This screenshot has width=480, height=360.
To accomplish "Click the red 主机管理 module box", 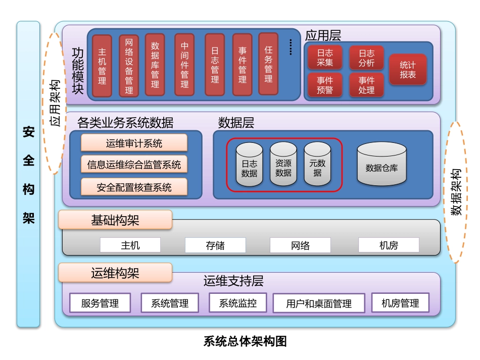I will coord(103,66).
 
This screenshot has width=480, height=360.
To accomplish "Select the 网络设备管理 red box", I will coord(129,66).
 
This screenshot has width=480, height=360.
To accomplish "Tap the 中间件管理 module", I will coord(184,65).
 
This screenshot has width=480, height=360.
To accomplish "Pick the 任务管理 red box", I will coord(268,64).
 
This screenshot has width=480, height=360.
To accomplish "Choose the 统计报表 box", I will coord(408,70).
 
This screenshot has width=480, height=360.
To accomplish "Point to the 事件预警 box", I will coord(325,85).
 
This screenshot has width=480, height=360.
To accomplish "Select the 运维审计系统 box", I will coord(134,143).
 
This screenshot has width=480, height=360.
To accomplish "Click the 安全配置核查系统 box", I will coord(134,187).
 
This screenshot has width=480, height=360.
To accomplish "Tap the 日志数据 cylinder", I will coord(249,165).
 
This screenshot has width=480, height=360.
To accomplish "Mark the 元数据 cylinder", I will coord(317,165).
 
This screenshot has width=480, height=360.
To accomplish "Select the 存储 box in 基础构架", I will coord(215,246).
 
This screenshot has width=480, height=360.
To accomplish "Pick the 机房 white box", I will coord(389,245).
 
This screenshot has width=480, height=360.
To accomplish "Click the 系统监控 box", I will coord(237,303).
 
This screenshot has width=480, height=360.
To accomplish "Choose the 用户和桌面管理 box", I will coord(319,303).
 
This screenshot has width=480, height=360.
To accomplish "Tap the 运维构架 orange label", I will coord(115,273).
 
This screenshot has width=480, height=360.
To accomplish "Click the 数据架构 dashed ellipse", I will coord(457,192).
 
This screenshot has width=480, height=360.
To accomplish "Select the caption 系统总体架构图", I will coord(245,342).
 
